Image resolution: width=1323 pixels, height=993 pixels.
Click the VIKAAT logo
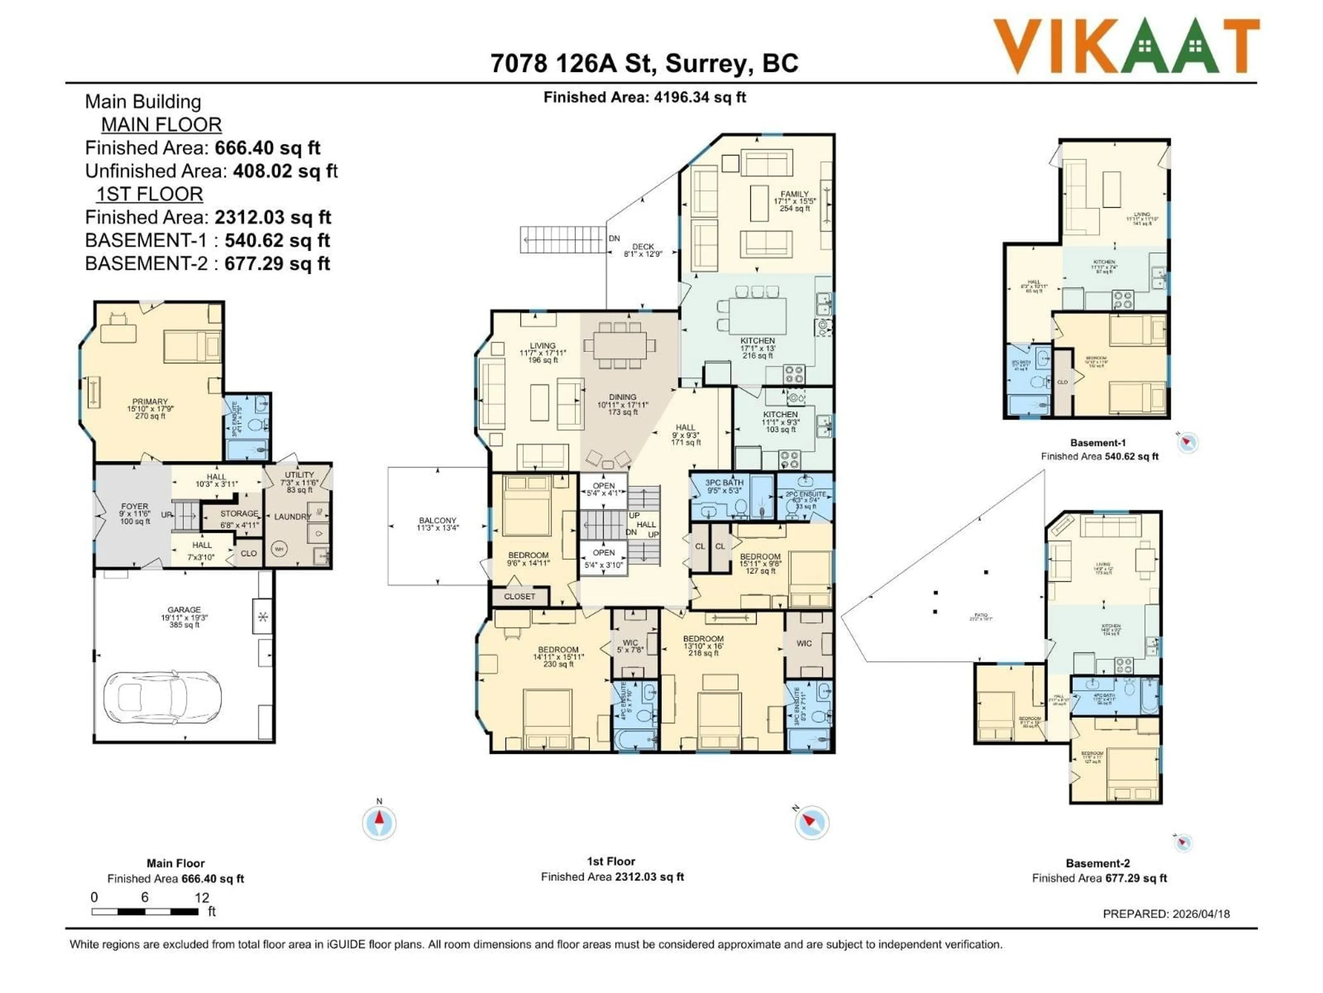[x=1126, y=46]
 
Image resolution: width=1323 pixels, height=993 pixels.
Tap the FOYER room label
[x=135, y=506]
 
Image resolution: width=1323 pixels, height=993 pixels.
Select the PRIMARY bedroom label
[x=150, y=402]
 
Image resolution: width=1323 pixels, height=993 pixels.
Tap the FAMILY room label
[x=794, y=194]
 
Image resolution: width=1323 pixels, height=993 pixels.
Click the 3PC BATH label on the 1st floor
[x=724, y=482]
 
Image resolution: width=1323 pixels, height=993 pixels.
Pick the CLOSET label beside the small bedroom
[x=519, y=596]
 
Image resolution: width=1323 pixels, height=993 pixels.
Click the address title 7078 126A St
[x=644, y=63]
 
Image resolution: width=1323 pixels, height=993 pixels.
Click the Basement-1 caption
[x=1098, y=443]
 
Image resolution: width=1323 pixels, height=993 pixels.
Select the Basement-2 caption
[x=1098, y=863]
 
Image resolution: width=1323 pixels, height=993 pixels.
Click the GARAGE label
[x=184, y=609]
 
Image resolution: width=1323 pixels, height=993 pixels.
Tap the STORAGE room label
[x=239, y=513]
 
